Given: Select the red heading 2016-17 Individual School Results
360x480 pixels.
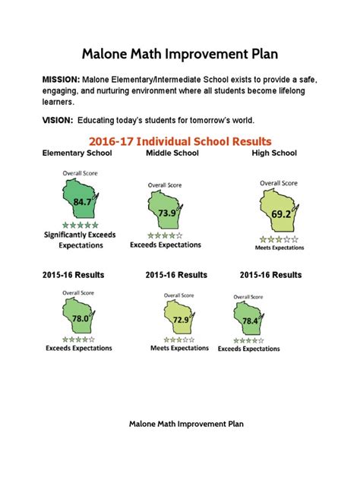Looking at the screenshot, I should tap(180, 141).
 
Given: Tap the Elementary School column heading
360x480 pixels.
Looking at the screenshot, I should tap(77, 153).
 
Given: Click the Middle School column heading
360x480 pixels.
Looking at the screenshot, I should tap(172, 153).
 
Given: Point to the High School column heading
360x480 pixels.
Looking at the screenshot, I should tap(275, 153).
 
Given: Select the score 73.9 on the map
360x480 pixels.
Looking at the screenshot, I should tap(166, 214).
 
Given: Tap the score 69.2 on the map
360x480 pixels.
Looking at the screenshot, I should tap(281, 214).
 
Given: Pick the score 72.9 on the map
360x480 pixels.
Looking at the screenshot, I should tap(181, 321).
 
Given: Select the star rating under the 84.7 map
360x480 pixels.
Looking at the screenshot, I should tap(80, 226).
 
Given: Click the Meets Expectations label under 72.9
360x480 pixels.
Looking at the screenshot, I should tap(180, 348).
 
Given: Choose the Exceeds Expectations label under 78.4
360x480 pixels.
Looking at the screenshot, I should tap(248, 349).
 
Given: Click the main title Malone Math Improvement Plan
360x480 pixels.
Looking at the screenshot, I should tap(180, 54).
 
